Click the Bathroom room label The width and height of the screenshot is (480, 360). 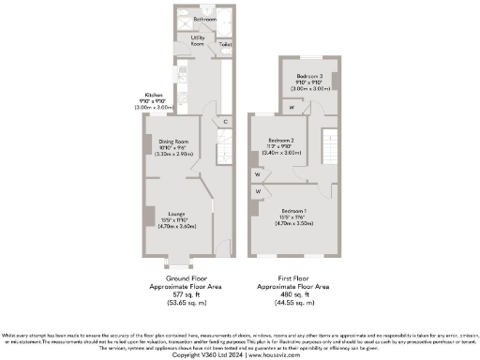[x=204, y=19]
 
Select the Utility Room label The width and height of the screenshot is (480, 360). [x=198, y=40]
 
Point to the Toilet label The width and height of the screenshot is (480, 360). [x=225, y=43]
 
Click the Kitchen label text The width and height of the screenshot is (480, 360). [x=152, y=99]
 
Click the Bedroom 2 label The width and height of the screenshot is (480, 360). [x=281, y=142]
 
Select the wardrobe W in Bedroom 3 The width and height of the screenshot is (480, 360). [x=292, y=107]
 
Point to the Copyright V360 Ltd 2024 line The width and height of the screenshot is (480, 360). [x=240, y=354]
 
